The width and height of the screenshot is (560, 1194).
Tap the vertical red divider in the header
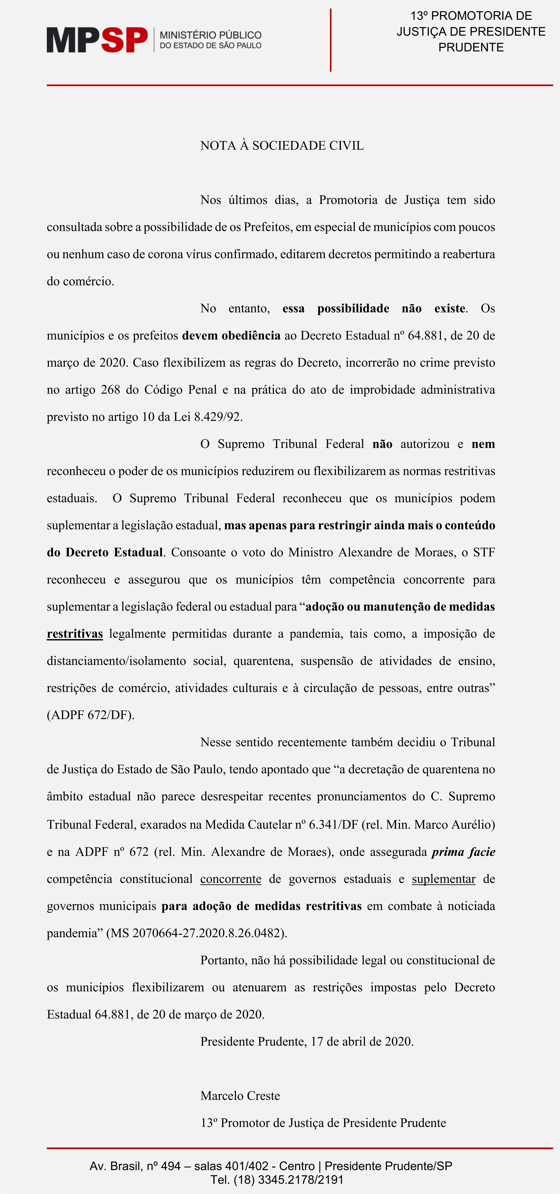pos(330,40)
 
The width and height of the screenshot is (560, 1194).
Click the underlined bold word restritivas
pos(75,634)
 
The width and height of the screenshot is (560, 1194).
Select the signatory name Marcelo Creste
pos(240,1096)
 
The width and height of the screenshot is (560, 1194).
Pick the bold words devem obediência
pos(231,335)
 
